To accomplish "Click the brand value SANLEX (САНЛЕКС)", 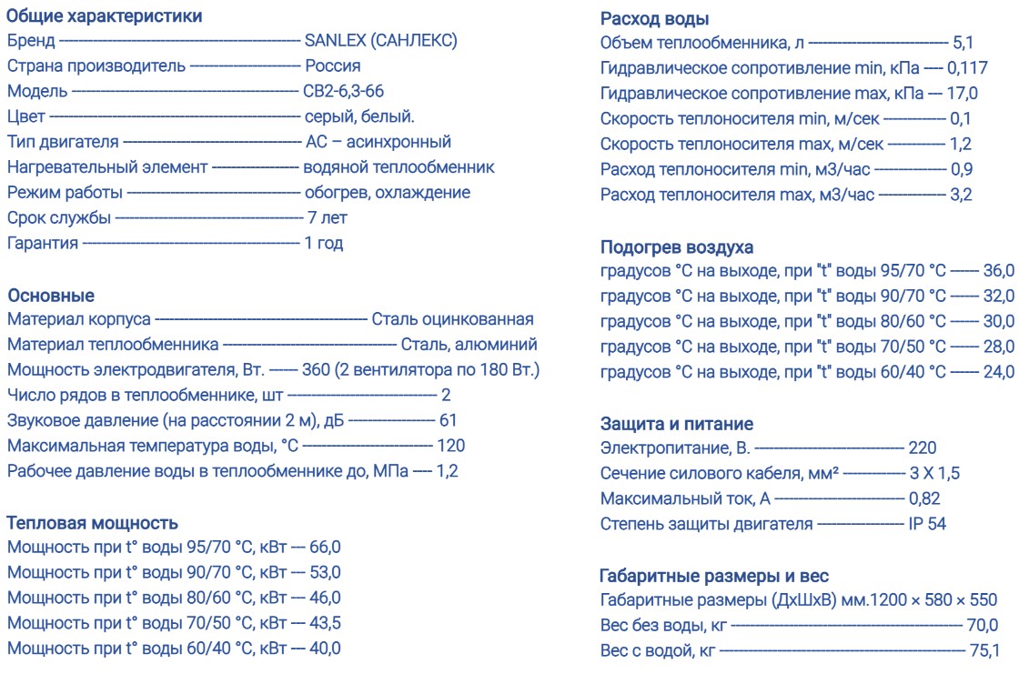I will click(380, 41).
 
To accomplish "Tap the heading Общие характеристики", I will click(105, 15).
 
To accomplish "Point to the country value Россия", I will click(332, 66).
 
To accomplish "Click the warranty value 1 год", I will click(324, 243).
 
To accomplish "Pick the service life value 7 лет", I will click(327, 217).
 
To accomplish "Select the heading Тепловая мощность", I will click(92, 522).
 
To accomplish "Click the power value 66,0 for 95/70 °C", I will click(325, 548).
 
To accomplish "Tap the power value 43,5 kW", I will click(325, 623).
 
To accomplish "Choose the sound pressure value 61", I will click(448, 420).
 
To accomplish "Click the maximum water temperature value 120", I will click(451, 446).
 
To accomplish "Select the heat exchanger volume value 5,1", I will click(963, 43).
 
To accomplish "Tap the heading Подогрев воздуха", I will click(677, 246).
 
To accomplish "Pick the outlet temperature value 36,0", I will click(998, 271).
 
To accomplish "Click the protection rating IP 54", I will click(926, 523).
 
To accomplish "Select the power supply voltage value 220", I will click(922, 448).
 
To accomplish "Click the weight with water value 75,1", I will click(983, 649).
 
